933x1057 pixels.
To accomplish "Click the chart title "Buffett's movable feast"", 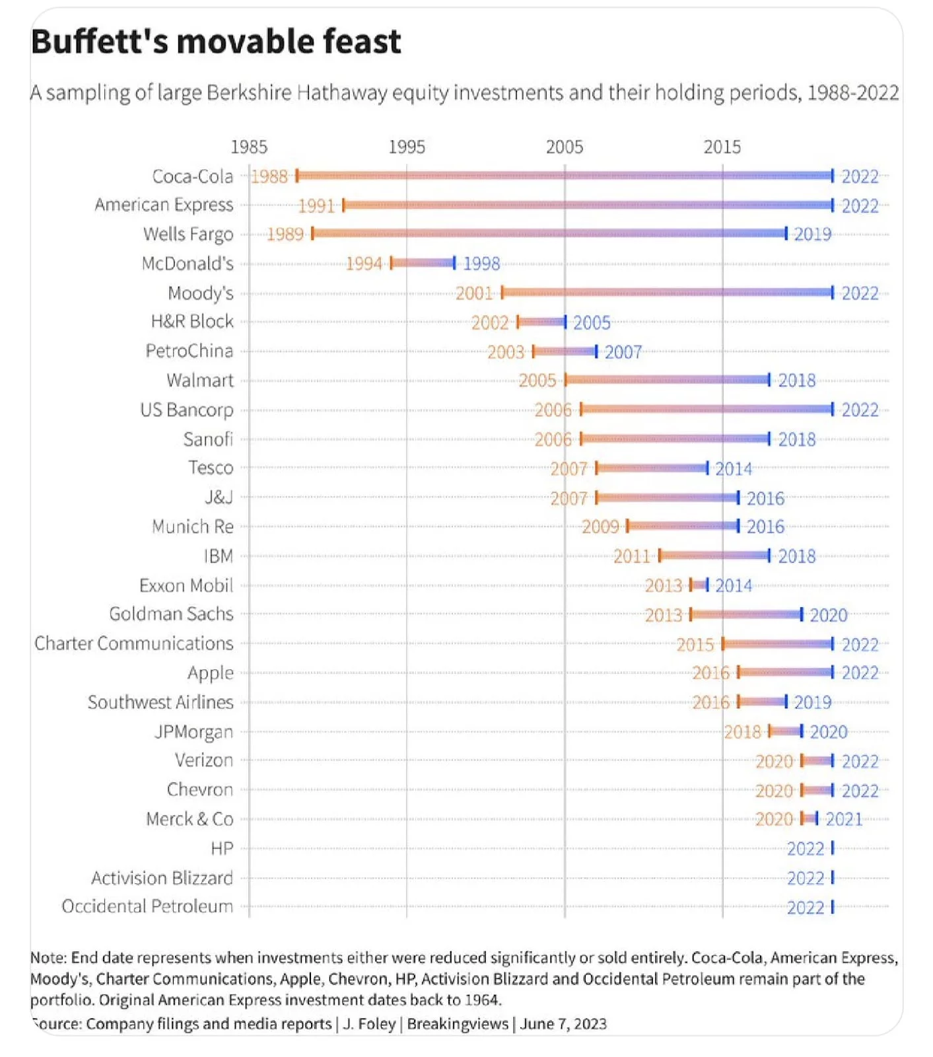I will click(x=215, y=42).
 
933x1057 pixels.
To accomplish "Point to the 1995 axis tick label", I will click(x=406, y=147).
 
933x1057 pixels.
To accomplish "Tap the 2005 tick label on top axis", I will click(x=564, y=147).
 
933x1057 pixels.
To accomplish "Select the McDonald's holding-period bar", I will click(x=423, y=263).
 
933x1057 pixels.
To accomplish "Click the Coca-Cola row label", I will click(x=192, y=176).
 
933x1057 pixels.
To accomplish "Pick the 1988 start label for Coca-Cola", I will click(x=269, y=176).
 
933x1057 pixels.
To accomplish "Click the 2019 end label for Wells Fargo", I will click(x=812, y=234).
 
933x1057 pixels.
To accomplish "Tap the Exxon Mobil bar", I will click(x=699, y=585).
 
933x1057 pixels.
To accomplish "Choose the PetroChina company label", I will click(x=189, y=351).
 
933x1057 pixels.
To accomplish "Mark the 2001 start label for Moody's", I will click(x=474, y=293).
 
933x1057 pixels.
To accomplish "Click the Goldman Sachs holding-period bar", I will click(x=746, y=614).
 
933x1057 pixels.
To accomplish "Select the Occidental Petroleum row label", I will click(x=147, y=906).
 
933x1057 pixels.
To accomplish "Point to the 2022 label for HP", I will click(x=806, y=848).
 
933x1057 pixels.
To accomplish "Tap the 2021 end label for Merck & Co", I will click(x=844, y=819).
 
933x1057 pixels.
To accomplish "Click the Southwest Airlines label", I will click(x=160, y=702).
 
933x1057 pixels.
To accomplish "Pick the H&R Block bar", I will click(x=541, y=322).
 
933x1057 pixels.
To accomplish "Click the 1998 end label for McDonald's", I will click(x=481, y=264).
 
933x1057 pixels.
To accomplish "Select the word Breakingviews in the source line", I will click(x=457, y=1023).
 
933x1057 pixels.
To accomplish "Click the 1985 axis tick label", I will click(x=249, y=147).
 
